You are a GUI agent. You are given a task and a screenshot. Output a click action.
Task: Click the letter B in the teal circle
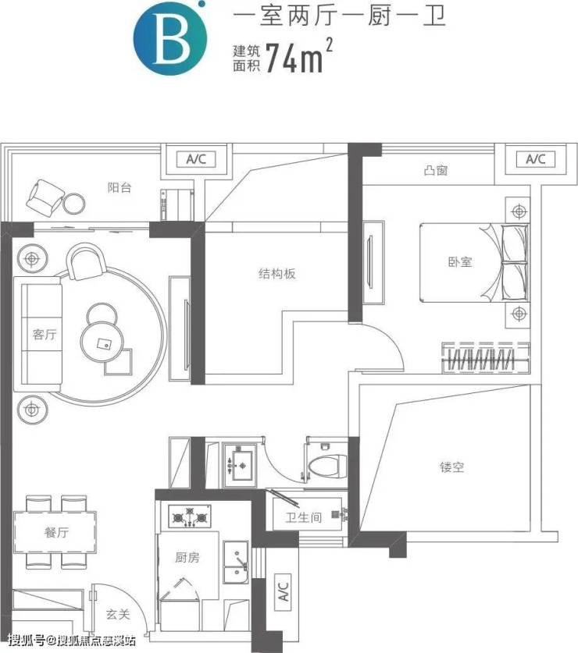tap(172, 37)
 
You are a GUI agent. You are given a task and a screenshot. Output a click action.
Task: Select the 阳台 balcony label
tap(120, 187)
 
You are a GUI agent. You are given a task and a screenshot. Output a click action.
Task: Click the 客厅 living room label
tap(45, 334)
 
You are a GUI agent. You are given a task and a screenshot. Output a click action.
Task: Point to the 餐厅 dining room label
tap(56, 532)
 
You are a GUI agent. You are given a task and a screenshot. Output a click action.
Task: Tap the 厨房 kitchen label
tap(187, 557)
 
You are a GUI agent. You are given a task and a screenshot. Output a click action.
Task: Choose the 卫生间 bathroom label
tap(304, 517)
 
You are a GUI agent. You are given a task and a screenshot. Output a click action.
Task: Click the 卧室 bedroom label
tap(460, 262)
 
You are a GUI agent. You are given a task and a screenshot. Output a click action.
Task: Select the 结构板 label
tap(277, 273)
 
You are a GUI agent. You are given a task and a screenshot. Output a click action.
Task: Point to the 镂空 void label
tap(451, 467)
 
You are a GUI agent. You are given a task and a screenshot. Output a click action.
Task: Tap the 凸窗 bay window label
tap(435, 170)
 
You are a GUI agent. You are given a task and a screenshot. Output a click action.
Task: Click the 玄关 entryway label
tap(118, 614)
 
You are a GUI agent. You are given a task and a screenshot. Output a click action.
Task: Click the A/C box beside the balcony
tap(196, 159)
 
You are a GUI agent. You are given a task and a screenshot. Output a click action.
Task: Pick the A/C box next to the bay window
tap(536, 159)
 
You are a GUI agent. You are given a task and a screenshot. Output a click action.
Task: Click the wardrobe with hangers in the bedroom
tap(486, 358)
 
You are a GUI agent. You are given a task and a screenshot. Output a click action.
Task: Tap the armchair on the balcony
tap(45, 195)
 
